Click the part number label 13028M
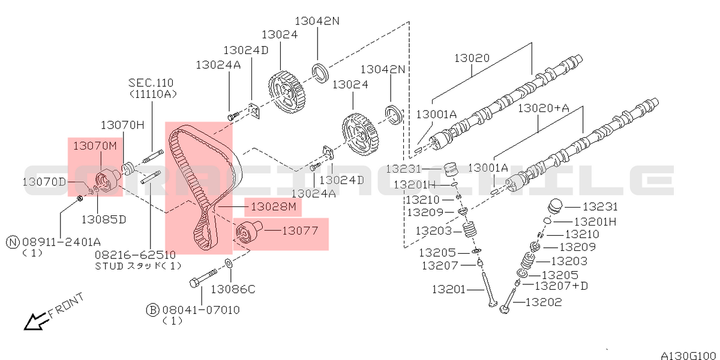pos(274,207)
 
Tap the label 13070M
pos(95,145)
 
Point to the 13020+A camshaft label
pos(543,108)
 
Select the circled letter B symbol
pos(152,310)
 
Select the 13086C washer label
pos(233,289)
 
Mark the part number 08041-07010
pos(200,310)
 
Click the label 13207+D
pos(561,286)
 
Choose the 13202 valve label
pos(544,302)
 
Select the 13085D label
pos(103,219)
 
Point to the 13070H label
pos(122,125)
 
